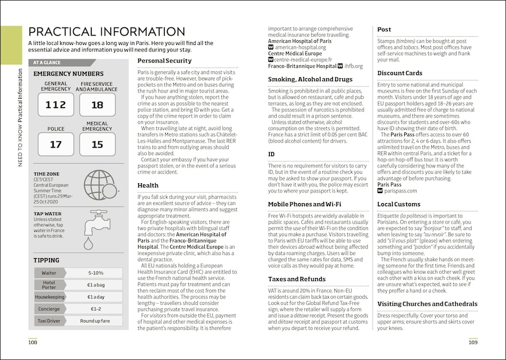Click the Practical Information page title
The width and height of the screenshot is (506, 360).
point(107,32)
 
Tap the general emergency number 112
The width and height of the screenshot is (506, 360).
point(56,105)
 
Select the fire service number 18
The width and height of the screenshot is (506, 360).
point(97,105)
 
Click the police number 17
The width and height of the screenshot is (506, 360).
point(56,144)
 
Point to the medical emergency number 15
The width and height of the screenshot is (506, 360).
point(97,144)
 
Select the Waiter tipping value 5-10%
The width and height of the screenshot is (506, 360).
point(96,273)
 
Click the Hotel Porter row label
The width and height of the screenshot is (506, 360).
point(49,284)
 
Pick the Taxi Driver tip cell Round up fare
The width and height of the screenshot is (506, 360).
point(96,320)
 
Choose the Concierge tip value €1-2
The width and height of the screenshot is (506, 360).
point(96,308)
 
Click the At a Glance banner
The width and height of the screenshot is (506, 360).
point(63,62)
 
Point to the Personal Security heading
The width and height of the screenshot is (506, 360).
point(164,61)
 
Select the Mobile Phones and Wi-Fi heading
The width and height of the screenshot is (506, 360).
point(304,204)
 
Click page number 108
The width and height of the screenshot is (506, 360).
point(32,342)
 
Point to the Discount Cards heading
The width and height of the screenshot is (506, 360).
point(400,73)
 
